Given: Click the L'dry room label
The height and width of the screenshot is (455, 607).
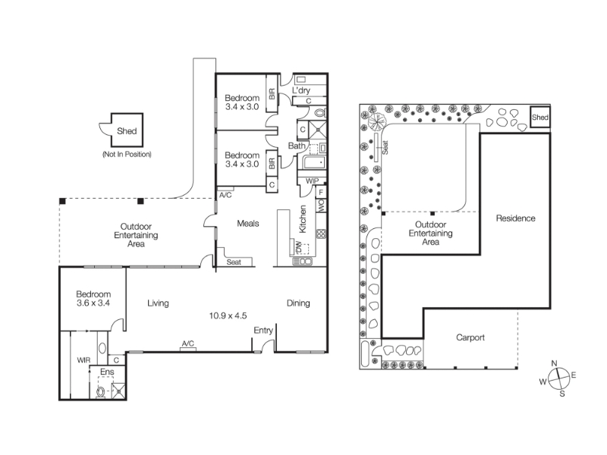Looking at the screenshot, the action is coord(300,90).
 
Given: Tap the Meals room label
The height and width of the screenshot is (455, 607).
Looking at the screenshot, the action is coord(248,224).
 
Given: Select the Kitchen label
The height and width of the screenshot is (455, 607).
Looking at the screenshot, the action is coord(303,219).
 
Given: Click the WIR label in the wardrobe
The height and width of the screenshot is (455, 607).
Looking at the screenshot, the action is coord(83,360).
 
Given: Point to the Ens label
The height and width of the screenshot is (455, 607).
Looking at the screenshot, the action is coord(107,372).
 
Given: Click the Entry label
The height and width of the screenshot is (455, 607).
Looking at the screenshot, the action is coord(263,331).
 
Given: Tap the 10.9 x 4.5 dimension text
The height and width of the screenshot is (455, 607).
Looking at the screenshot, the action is coord(228,315).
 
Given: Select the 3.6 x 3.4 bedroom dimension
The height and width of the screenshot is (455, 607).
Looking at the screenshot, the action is coord(93,303).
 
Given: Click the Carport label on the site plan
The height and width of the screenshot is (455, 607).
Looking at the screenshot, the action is coord(470,337).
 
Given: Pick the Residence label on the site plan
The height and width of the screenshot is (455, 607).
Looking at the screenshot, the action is coord(516,218).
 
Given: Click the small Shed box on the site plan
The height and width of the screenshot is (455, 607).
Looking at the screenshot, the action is coord(540,117).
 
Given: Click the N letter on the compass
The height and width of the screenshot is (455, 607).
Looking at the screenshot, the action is coord(555,363).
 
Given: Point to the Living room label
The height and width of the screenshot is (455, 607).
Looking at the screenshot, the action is coord(158,303).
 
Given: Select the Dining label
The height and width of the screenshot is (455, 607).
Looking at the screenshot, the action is coord(298,303).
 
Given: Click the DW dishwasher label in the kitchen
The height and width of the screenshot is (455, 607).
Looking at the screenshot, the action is coord(298,246).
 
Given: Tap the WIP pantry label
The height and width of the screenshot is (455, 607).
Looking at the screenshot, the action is coord(312,181).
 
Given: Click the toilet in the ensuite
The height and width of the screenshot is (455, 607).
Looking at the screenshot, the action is coord(100,392).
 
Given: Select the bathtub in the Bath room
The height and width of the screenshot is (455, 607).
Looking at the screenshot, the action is coord(314,162).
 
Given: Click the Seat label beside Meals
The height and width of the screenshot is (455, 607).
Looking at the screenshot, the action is coord(234,262).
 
